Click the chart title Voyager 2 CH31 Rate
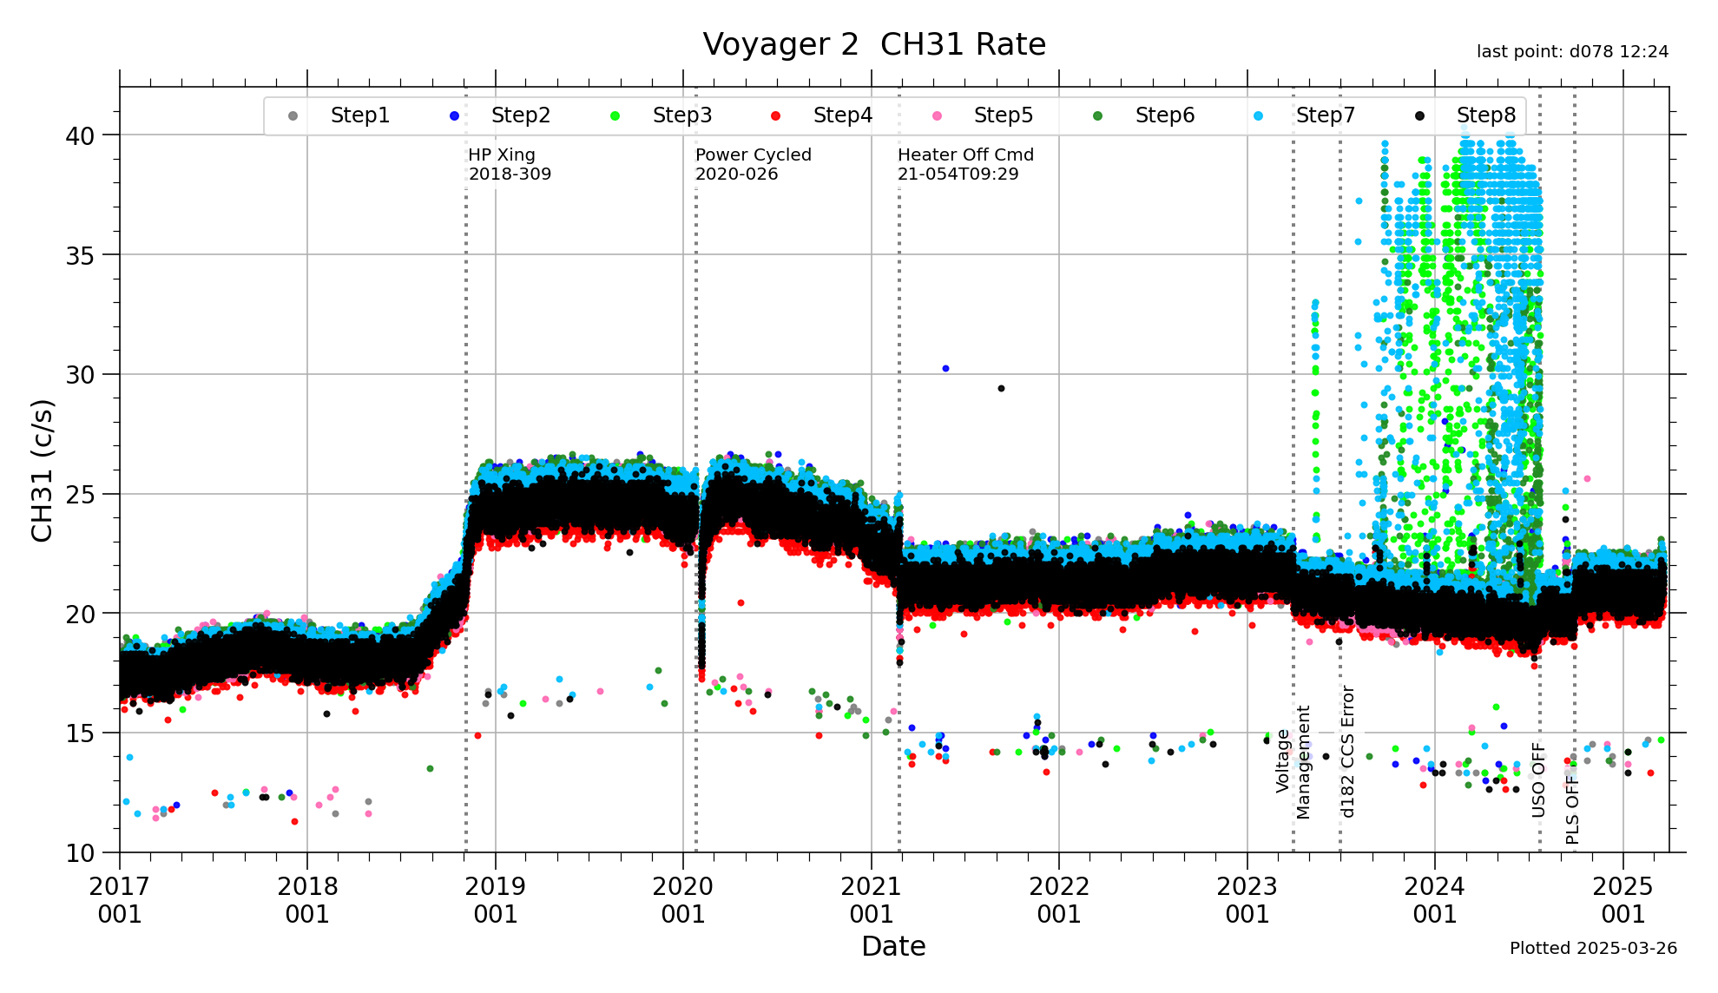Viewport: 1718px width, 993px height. [x=874, y=45]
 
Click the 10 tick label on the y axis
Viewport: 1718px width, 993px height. [x=80, y=853]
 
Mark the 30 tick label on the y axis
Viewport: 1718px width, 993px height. [x=80, y=375]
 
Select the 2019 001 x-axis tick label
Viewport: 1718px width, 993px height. [x=495, y=900]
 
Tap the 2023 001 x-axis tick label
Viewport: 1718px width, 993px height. [x=1247, y=900]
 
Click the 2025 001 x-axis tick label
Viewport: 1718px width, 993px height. [x=1623, y=900]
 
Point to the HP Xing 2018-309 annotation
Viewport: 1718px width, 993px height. [x=510, y=164]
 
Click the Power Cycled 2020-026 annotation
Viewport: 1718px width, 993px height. [x=753, y=164]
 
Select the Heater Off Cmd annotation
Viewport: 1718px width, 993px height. [x=965, y=164]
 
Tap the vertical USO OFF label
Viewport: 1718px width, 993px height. [x=1538, y=779]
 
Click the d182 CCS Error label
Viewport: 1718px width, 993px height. [x=1347, y=752]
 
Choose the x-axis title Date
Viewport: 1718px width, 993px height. [x=893, y=946]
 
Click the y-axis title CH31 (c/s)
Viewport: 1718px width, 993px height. [x=42, y=470]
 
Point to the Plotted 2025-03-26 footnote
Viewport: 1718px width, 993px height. [x=1593, y=949]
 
